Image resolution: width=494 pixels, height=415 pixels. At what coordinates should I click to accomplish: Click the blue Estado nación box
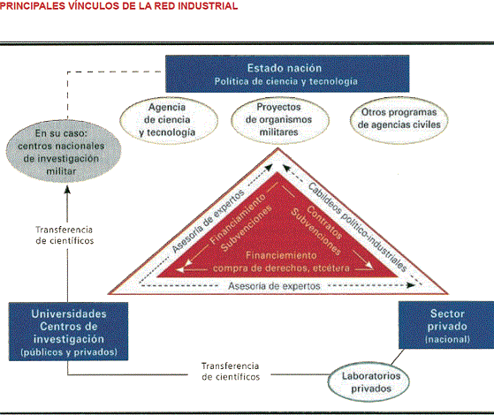[287, 73]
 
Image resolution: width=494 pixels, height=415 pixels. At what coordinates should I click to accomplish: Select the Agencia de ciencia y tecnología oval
[169, 120]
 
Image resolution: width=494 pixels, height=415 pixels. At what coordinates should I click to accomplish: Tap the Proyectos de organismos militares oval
[280, 120]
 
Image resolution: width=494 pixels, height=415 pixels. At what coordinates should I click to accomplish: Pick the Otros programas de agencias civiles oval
[399, 120]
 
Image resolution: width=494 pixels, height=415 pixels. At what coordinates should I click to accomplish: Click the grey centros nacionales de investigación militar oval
[64, 151]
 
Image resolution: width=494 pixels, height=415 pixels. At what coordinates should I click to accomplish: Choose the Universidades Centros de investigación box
[68, 332]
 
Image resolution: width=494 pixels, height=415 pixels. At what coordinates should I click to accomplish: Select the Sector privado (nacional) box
[446, 325]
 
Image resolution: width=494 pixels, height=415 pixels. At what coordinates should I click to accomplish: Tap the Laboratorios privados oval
[369, 382]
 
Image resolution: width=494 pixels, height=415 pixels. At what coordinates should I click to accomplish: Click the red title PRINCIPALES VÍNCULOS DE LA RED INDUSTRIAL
[118, 6]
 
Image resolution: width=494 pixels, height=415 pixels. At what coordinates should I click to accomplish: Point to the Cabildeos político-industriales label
[358, 227]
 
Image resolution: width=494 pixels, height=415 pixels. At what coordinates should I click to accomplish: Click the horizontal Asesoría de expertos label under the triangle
[274, 286]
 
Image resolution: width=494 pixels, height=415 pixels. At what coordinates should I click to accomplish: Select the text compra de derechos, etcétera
[281, 268]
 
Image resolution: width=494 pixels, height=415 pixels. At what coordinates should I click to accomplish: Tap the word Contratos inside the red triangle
[324, 223]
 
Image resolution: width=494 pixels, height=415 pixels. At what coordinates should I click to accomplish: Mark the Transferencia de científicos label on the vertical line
[65, 235]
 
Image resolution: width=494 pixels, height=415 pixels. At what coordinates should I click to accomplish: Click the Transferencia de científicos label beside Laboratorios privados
[231, 372]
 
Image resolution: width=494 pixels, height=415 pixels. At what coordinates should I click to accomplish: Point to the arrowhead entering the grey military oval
[67, 190]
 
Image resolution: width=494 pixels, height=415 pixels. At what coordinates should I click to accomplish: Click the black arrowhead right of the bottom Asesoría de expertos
[410, 285]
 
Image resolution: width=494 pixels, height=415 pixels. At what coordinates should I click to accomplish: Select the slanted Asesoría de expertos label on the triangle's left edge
[209, 221]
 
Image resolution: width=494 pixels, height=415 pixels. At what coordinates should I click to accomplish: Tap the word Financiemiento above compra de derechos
[281, 255]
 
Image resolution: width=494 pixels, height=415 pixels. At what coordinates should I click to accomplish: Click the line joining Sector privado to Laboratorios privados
[398, 357]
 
